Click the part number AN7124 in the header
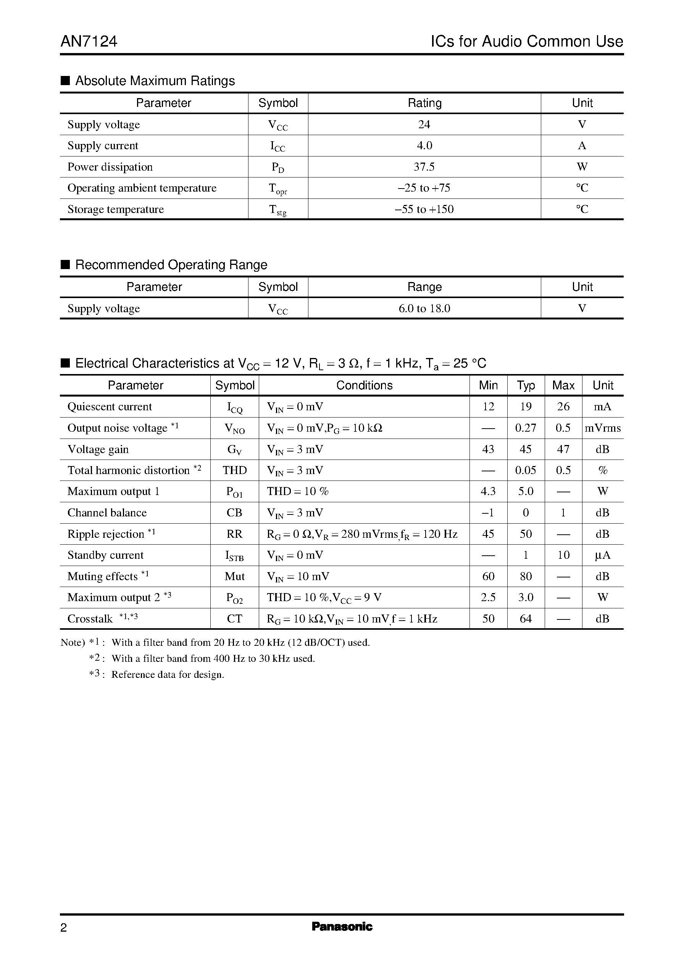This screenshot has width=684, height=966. tap(89, 41)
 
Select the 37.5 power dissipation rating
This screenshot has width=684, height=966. tap(424, 167)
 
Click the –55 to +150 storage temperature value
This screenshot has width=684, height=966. tap(424, 209)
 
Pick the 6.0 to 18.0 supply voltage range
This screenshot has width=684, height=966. tap(424, 309)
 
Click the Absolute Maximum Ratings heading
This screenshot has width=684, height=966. tap(155, 81)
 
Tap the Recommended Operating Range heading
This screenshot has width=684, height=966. tap(171, 265)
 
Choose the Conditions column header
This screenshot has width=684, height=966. tap(364, 385)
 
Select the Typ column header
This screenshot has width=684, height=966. tap(526, 385)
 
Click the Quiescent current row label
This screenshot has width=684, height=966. tap(110, 407)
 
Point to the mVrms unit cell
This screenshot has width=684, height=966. tap(603, 428)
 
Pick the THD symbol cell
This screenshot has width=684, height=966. tap(235, 470)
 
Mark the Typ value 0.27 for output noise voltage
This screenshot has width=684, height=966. tap(526, 428)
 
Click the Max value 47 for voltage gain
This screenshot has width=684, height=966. tap(563, 449)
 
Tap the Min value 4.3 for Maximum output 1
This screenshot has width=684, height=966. tap(488, 492)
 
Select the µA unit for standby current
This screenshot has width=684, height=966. tap(603, 555)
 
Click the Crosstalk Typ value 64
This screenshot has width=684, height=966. tap(526, 619)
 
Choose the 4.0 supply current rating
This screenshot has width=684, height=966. tap(424, 146)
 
